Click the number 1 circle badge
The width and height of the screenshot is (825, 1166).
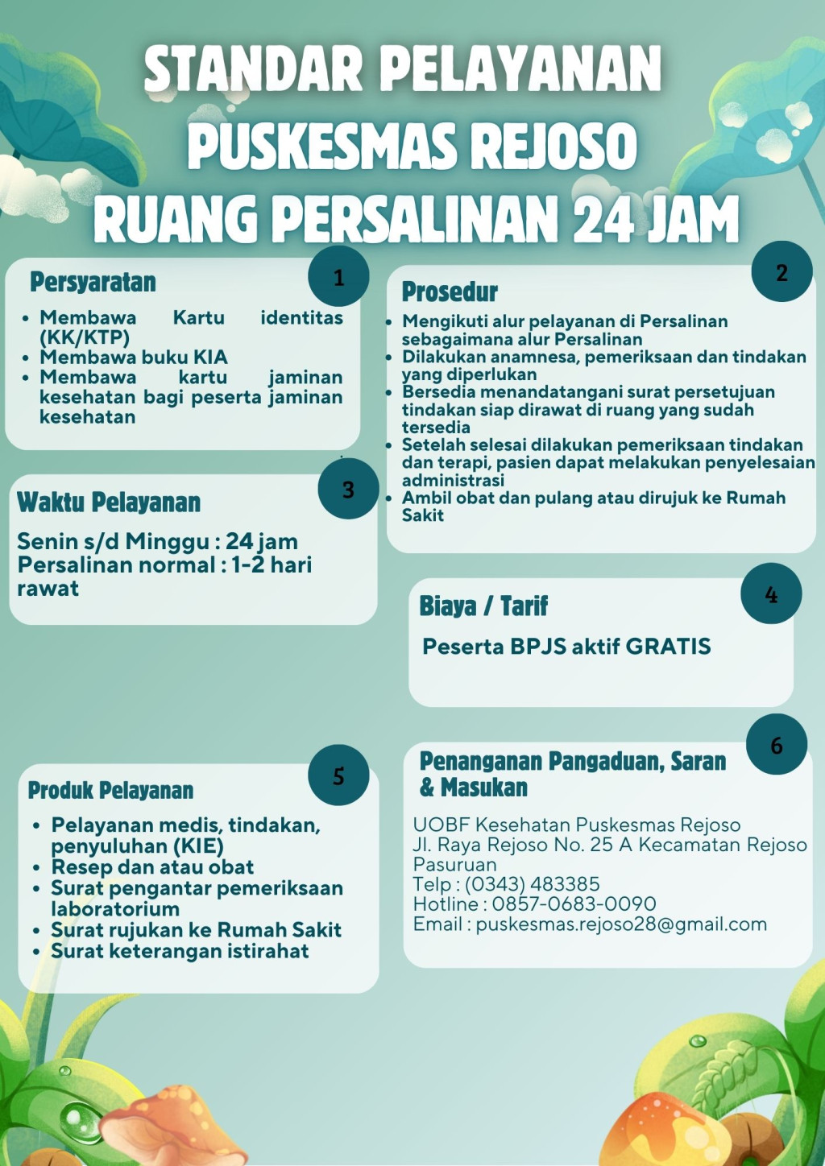pyautogui.click(x=338, y=277)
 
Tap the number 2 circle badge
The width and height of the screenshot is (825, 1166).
pyautogui.click(x=781, y=272)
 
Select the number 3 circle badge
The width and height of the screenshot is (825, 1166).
pyautogui.click(x=348, y=489)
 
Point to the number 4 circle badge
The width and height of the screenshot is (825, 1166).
pyautogui.click(x=771, y=594)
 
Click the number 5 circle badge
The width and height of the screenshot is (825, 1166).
pyautogui.click(x=338, y=775)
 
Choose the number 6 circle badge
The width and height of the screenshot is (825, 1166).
pyautogui.click(x=777, y=745)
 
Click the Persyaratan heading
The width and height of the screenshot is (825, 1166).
pyautogui.click(x=93, y=283)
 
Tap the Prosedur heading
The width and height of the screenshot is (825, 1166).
pyautogui.click(x=450, y=291)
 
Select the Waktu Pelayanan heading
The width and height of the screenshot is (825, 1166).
pyautogui.click(x=109, y=502)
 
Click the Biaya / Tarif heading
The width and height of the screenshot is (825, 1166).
pyautogui.click(x=483, y=606)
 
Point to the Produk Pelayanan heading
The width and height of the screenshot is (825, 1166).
pyautogui.click(x=110, y=791)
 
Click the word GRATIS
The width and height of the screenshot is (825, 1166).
pyautogui.click(x=668, y=647)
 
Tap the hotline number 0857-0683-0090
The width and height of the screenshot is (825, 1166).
pyautogui.click(x=574, y=903)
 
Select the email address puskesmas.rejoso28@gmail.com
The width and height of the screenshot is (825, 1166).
pyautogui.click(x=621, y=924)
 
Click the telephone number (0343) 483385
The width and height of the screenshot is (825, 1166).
pyautogui.click(x=532, y=884)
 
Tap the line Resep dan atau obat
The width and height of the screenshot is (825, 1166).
pyautogui.click(x=152, y=867)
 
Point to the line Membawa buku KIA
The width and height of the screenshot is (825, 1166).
pyautogui.click(x=134, y=357)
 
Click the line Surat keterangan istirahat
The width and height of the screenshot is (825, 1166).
pyautogui.click(x=180, y=951)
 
